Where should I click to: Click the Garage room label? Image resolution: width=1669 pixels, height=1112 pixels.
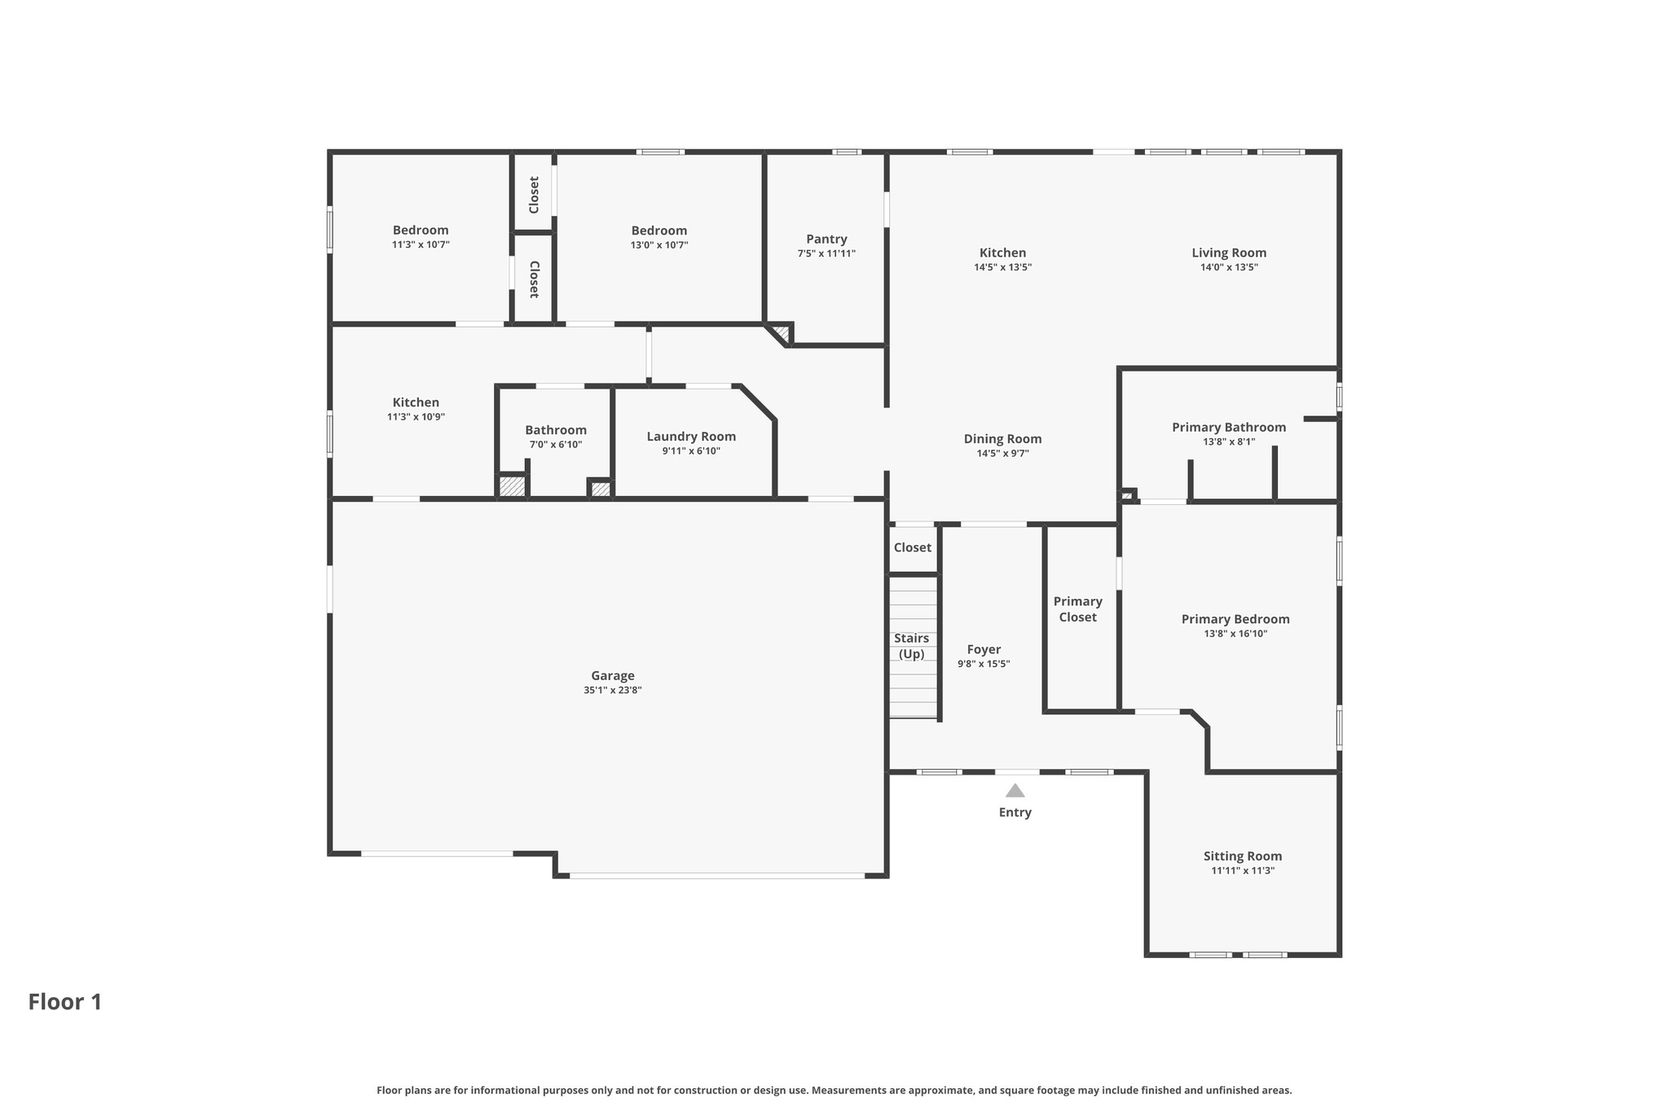612,675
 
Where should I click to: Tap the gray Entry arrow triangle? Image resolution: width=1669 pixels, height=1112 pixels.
1015,791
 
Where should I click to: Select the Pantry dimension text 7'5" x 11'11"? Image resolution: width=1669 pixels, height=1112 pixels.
826,254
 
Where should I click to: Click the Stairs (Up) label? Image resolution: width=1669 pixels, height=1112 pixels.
911,646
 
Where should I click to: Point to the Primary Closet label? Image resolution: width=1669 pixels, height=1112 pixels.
1077,609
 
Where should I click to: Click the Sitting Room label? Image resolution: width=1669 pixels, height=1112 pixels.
1242,856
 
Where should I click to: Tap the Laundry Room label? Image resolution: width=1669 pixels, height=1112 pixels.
691,437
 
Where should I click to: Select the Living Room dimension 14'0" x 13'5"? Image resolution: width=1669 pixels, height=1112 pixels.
1229,267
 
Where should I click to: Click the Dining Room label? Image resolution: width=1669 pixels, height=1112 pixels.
1002,439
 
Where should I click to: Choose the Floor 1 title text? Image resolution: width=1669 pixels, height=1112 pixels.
65,1002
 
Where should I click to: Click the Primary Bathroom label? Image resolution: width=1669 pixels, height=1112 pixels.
1228,428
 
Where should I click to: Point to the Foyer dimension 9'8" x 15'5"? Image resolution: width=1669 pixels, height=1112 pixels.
984,664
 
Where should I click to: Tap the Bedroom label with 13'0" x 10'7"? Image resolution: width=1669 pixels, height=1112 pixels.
658,231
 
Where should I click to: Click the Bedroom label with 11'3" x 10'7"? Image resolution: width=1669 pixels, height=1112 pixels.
421,231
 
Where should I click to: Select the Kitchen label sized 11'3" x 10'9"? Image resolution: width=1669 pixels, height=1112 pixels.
416,402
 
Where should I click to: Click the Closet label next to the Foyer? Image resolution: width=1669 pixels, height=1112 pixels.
912,547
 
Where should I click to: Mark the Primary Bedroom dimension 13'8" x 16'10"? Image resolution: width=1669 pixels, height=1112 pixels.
1235,634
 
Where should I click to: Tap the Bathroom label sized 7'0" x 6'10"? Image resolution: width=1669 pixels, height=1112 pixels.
555,430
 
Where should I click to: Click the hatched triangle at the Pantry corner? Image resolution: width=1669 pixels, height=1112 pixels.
782,332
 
